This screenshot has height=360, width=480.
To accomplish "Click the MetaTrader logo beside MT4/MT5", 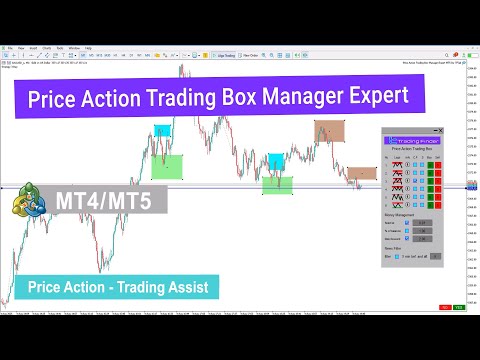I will pyautogui.click(x=29, y=199).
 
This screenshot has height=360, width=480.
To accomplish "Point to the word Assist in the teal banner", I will pyautogui.click(x=181, y=288).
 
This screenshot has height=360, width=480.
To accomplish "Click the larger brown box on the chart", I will pyautogui.click(x=329, y=130).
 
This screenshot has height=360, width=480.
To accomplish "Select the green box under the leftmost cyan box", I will pyautogui.click(x=167, y=166).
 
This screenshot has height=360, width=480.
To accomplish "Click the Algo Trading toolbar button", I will pyautogui.click(x=233, y=57).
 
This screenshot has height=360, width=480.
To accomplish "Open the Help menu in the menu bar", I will pyautogui.click(x=89, y=47).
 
